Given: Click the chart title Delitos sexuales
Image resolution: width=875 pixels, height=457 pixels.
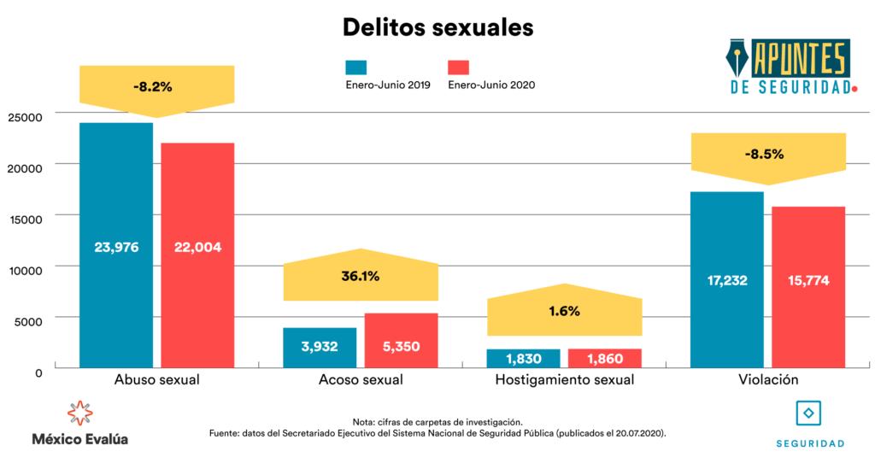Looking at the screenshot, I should (x=437, y=26).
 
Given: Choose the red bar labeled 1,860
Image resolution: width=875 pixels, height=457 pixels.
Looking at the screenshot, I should (x=605, y=359).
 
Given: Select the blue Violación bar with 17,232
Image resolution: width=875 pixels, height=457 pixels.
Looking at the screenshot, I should (x=727, y=279).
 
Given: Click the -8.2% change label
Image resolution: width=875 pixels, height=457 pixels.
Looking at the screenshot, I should (x=153, y=86).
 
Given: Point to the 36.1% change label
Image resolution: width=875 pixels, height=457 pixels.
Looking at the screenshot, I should (x=360, y=276).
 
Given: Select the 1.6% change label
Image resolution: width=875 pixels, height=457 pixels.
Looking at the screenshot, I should (x=564, y=311).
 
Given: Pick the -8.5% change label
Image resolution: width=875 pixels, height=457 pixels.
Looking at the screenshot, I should (x=764, y=155).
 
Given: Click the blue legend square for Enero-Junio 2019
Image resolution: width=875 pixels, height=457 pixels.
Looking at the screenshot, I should (x=356, y=67).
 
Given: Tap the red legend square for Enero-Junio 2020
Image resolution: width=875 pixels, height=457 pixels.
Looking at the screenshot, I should (x=458, y=67).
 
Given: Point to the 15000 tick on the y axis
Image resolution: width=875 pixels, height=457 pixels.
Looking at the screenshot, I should (x=26, y=219).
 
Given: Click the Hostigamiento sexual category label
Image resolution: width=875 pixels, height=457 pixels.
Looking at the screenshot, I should (x=564, y=380).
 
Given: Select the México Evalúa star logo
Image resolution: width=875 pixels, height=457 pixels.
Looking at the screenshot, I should (x=79, y=413).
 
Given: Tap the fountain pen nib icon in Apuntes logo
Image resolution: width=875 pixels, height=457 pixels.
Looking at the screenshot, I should (x=739, y=59).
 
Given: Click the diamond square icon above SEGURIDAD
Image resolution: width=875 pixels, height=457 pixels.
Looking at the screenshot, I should (x=809, y=413).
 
